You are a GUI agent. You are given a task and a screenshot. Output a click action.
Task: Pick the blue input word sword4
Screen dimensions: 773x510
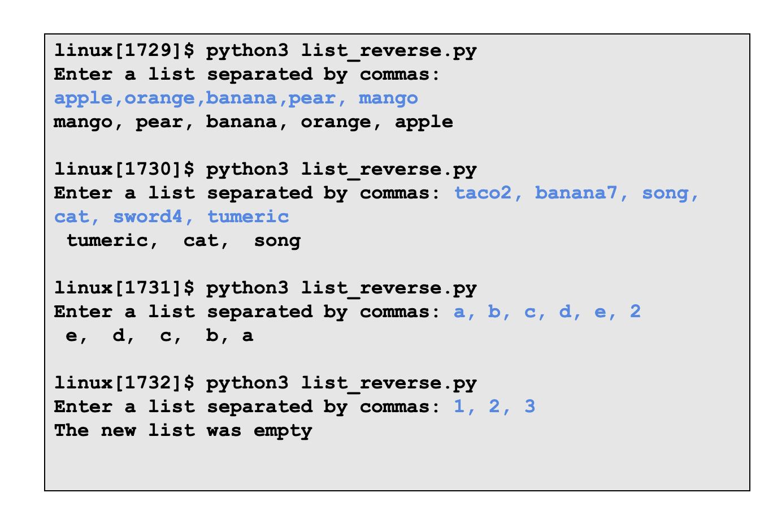[x=148, y=217]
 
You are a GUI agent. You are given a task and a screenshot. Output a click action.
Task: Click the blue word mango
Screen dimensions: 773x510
[x=388, y=98]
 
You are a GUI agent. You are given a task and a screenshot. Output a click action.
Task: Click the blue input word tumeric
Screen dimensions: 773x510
[x=248, y=217]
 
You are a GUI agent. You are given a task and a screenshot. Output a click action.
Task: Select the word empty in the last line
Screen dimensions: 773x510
[x=283, y=431]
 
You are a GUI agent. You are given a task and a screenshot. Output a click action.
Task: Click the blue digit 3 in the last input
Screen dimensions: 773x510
[x=529, y=407]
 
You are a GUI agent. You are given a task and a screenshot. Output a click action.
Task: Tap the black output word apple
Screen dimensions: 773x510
[x=424, y=122]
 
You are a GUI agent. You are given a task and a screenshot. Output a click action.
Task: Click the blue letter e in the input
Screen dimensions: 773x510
[x=600, y=312]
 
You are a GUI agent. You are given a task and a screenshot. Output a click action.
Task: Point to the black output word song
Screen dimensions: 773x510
[x=277, y=241]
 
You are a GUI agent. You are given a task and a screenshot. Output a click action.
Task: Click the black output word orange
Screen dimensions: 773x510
[x=336, y=123]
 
